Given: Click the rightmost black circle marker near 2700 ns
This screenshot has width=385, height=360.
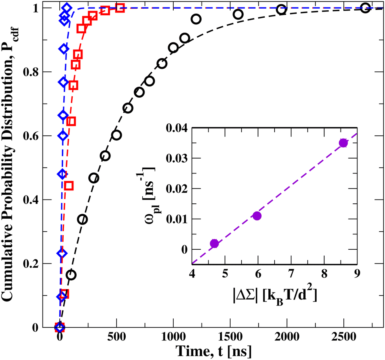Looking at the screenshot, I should point(365,8).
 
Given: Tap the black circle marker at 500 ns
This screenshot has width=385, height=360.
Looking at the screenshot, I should point(116,135).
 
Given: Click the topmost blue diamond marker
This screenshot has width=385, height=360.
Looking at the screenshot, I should point(66,8).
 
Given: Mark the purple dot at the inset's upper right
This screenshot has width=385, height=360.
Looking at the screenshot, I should point(343,143).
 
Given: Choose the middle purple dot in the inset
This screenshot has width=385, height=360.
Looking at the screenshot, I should point(257,216).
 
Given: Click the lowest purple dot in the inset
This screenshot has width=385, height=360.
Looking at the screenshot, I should point(214,243).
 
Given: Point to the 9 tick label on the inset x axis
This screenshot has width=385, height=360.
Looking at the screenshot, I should point(357,274).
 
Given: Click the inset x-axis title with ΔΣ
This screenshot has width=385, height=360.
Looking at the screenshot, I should point(274,292).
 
